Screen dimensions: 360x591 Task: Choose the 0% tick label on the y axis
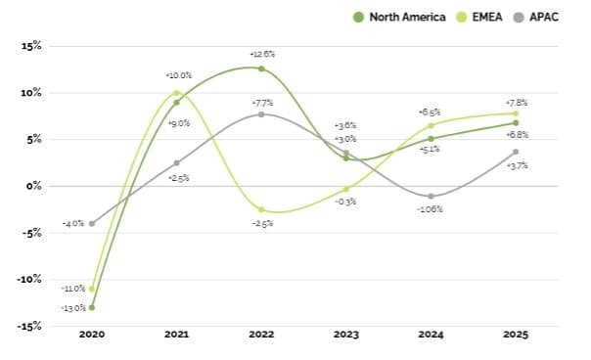pos(34,186)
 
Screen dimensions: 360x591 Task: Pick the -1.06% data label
pos(432,209)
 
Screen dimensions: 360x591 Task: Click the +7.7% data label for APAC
pos(261,101)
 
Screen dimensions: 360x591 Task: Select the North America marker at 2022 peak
pos(261,68)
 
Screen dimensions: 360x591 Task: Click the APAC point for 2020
pos(92,223)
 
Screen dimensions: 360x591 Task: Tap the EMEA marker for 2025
pos(516,113)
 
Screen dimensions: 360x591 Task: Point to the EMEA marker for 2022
pos(261,209)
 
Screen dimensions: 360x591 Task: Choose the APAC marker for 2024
pos(432,196)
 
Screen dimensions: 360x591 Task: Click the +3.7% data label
pos(516,165)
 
